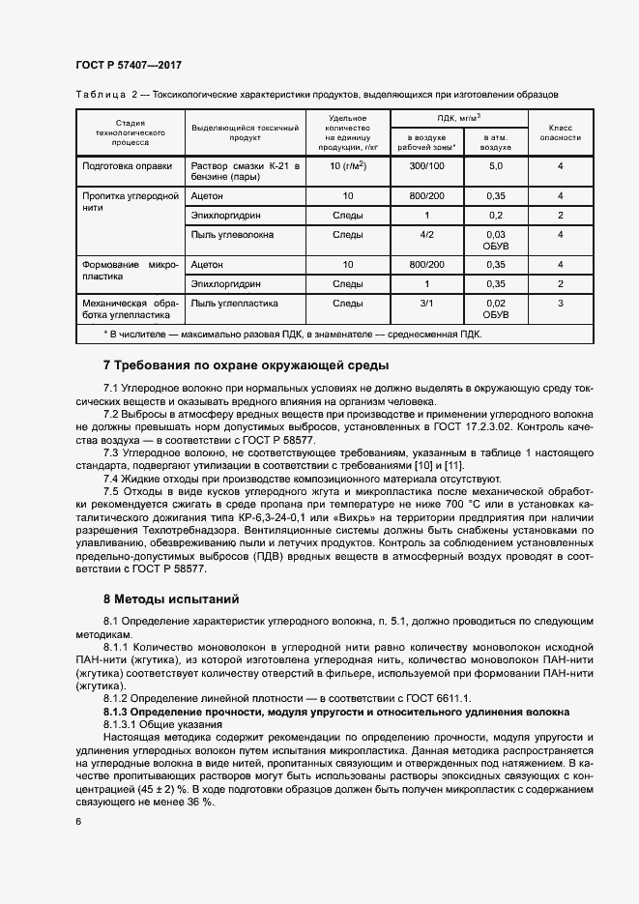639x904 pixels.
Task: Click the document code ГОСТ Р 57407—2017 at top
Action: pos(128,65)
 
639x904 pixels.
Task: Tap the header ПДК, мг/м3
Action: pos(457,118)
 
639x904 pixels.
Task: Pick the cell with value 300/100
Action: pos(426,166)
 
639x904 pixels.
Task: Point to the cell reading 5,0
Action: pos(496,166)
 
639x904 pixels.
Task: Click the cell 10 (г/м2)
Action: pos(347,166)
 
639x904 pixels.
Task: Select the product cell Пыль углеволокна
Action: pos(232,234)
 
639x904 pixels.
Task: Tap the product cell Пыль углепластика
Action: pos(234,303)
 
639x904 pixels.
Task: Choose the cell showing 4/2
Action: pos(426,234)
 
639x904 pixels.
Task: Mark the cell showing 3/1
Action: pos(426,303)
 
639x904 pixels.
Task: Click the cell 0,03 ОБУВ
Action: pos(496,240)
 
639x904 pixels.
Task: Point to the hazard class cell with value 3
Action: pos(560,303)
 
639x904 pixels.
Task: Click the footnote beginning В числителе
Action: pos(290,334)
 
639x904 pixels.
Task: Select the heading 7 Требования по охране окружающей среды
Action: pos(246,366)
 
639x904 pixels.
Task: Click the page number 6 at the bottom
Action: pos(78,821)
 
